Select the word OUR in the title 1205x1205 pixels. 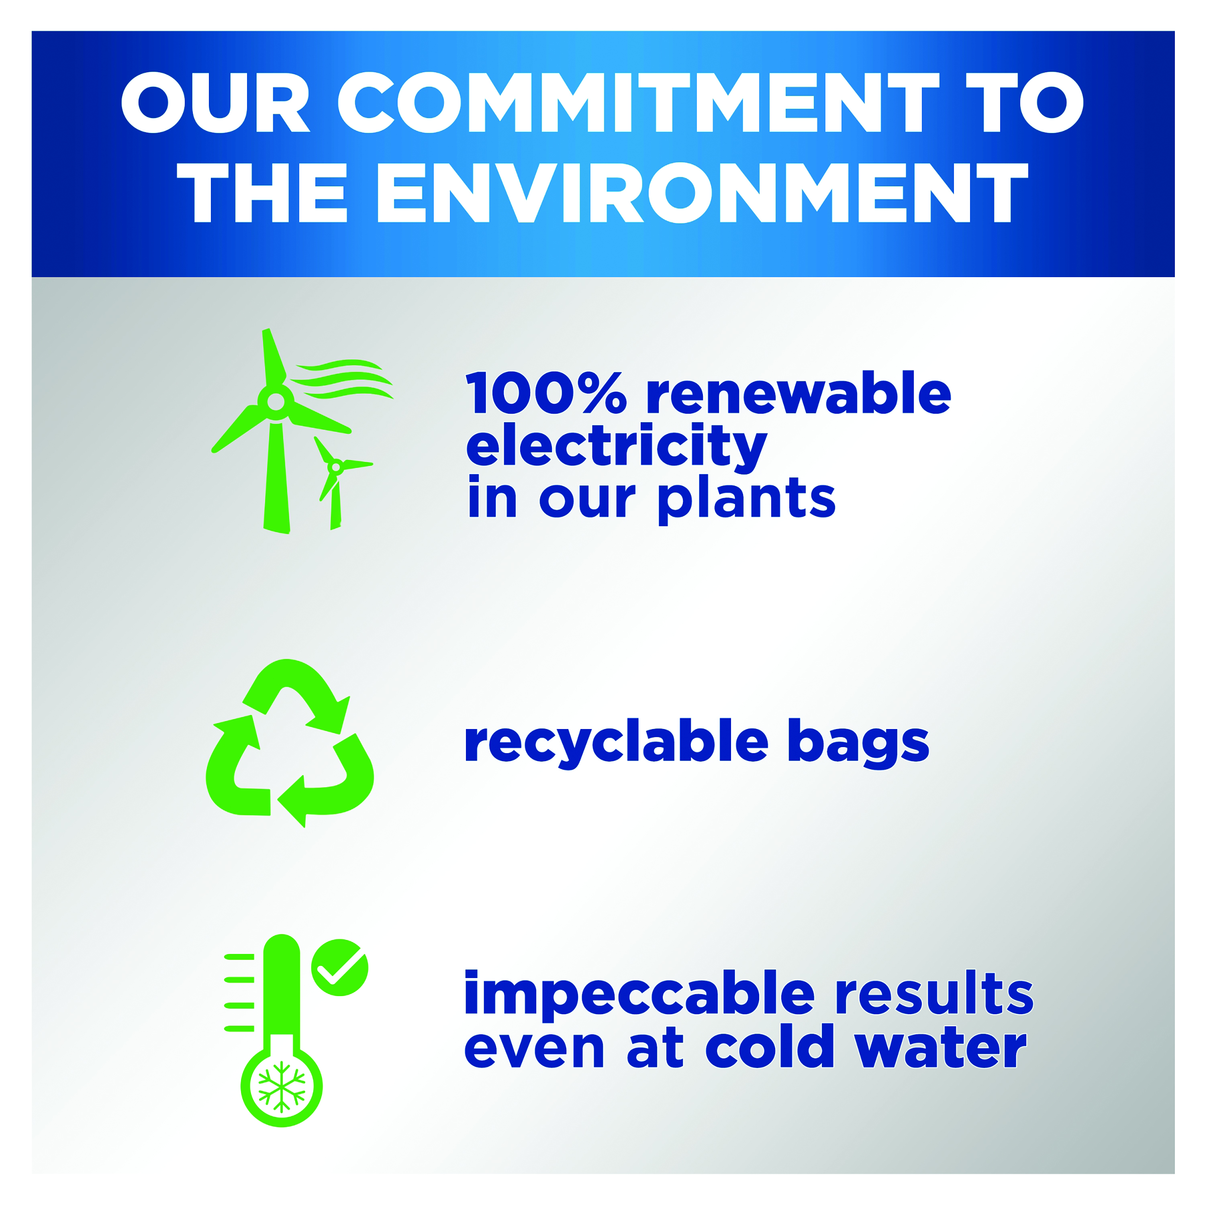click(216, 102)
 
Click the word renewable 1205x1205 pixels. click(799, 392)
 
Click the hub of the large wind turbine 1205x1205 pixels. click(276, 402)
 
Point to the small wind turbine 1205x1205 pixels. click(341, 483)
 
